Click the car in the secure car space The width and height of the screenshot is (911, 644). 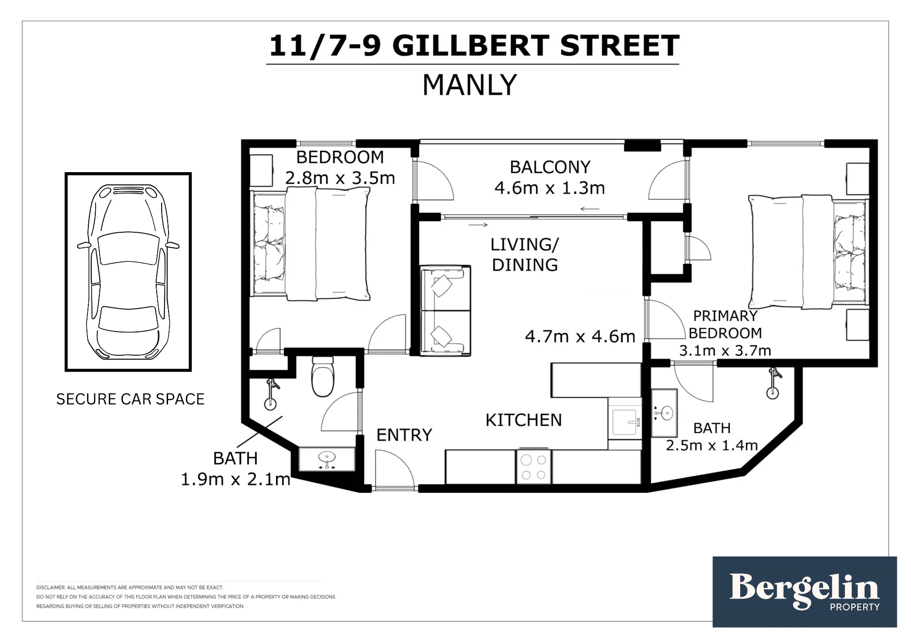tap(128, 272)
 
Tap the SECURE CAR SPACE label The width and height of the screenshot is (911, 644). tap(130, 399)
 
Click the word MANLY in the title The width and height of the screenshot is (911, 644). tap(470, 85)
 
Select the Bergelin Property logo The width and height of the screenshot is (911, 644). tap(804, 592)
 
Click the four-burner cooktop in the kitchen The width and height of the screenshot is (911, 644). tap(533, 467)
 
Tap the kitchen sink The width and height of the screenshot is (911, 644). tap(625, 422)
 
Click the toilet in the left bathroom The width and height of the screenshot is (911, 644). tap(323, 376)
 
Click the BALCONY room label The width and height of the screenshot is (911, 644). tap(550, 167)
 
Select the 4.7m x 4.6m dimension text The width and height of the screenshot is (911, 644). tap(580, 337)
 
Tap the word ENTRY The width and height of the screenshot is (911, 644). tap(404, 435)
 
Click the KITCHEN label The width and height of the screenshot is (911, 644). tap(524, 420)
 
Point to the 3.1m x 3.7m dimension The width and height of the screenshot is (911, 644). tap(725, 351)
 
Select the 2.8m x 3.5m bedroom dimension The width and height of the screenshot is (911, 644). tap(340, 178)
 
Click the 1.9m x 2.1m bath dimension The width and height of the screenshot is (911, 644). tap(235, 479)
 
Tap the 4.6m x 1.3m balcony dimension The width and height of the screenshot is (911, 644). tap(550, 188)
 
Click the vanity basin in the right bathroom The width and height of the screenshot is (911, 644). tap(665, 413)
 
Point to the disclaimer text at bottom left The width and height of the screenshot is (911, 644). tap(186, 597)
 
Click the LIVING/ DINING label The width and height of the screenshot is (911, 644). tap(525, 255)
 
